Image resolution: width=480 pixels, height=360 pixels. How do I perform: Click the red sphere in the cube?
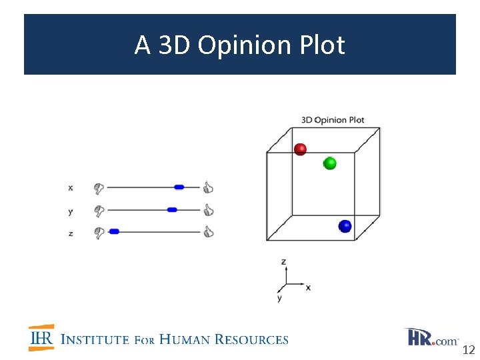[300, 149]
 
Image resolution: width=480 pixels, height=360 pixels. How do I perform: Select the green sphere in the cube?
[329, 163]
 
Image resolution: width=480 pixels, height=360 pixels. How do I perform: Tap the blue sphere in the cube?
[345, 226]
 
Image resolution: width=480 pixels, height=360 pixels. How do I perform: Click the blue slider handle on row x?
[179, 188]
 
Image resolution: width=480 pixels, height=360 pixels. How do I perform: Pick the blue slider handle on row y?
[172, 210]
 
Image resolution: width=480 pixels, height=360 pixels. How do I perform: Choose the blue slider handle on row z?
[114, 231]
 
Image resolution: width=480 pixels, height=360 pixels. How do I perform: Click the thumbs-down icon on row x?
[99, 189]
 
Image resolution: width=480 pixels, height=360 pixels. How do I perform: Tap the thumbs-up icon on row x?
[208, 188]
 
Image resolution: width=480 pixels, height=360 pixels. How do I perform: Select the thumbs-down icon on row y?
[99, 211]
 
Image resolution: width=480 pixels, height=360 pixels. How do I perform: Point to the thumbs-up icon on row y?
[208, 210]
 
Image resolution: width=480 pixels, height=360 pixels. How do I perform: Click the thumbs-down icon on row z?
[99, 233]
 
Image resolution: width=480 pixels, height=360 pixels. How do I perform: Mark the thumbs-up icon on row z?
[208, 232]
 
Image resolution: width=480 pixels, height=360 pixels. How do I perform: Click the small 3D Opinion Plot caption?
[333, 120]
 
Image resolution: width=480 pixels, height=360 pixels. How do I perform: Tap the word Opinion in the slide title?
[237, 45]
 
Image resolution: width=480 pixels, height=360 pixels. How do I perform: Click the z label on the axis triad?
[283, 262]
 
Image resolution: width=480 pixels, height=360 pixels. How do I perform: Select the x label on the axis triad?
[308, 287]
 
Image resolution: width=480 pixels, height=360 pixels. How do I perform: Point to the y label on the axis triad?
[279, 298]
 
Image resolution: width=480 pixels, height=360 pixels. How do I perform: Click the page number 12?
[468, 350]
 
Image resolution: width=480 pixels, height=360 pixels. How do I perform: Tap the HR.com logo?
[431, 337]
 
